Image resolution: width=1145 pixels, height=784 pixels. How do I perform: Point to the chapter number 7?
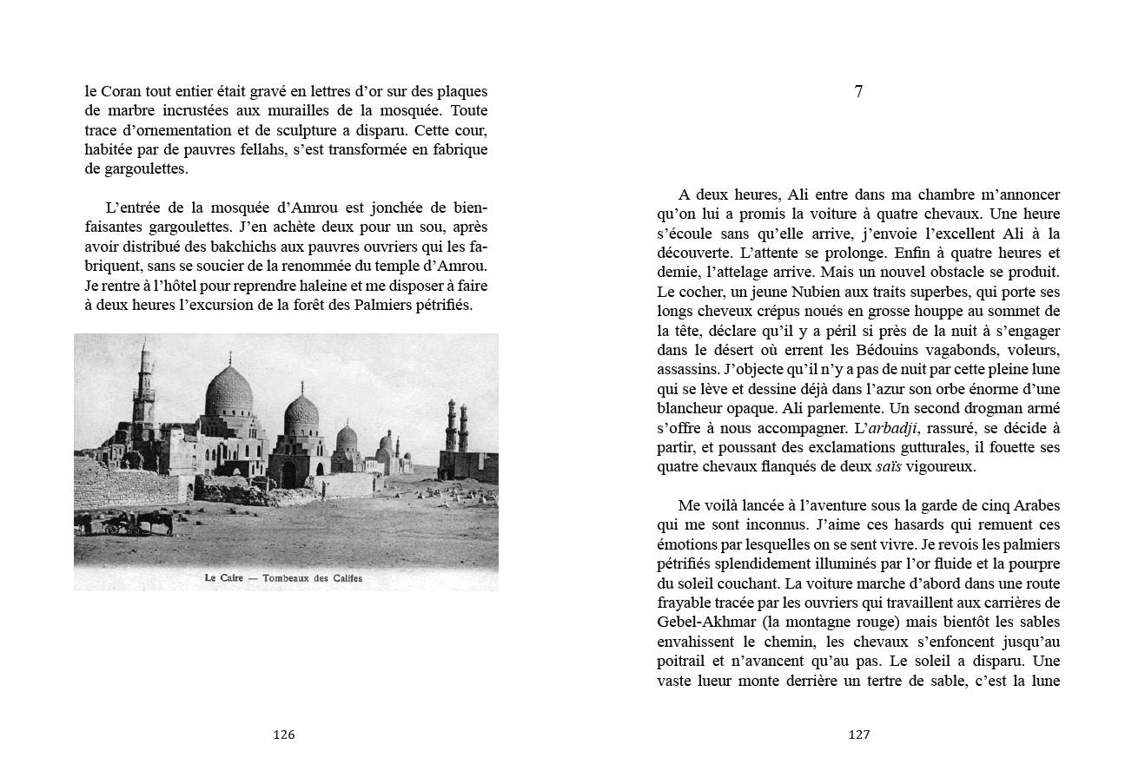(x=858, y=92)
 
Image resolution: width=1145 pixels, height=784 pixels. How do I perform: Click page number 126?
(x=284, y=735)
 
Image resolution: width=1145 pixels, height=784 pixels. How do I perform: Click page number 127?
(x=858, y=735)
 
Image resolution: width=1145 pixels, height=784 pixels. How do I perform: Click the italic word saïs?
(x=888, y=467)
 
